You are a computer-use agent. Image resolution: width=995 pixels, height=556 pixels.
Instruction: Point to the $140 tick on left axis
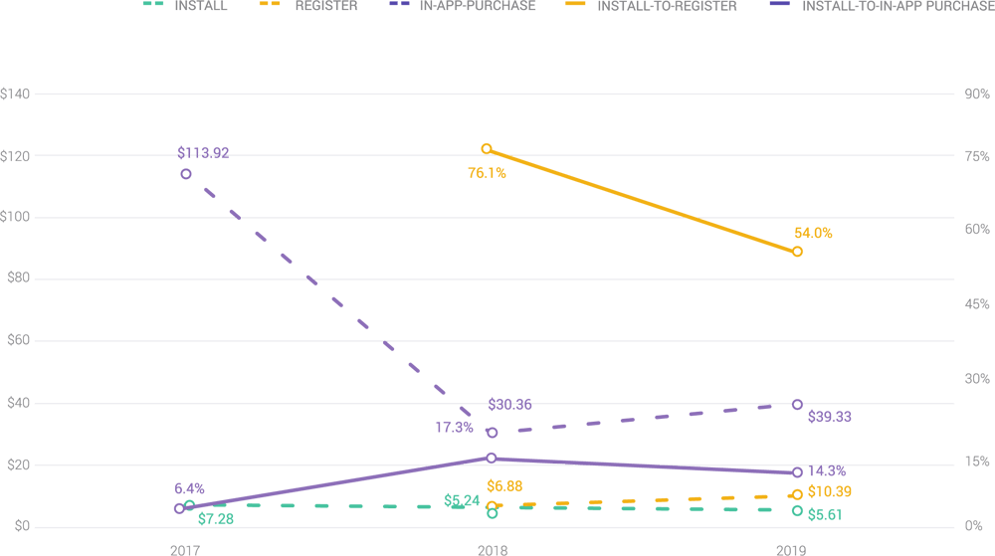point(17,93)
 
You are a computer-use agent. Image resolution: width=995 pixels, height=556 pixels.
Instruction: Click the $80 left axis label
point(17,279)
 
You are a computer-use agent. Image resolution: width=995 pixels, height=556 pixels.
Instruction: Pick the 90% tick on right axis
point(976,93)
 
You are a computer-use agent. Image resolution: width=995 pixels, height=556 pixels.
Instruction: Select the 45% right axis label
point(976,304)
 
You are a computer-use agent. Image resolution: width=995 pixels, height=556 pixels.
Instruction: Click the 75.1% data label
point(488,173)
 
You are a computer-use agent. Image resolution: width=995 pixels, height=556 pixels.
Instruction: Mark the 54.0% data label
point(813,233)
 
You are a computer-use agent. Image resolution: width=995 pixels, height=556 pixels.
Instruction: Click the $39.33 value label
point(829,417)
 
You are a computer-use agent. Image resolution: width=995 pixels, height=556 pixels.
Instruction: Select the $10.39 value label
point(829,492)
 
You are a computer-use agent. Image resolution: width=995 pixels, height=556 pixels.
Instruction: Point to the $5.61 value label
point(827,514)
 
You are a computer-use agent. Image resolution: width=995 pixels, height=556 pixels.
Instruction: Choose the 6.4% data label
point(189,488)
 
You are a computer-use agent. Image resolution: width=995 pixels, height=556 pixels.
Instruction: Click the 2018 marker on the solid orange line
point(487,149)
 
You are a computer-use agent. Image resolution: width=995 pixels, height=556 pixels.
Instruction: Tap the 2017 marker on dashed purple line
point(186,174)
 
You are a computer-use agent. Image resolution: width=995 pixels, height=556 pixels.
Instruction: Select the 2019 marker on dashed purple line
point(797,404)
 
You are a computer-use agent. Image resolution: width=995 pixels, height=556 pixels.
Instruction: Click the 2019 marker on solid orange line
point(797,253)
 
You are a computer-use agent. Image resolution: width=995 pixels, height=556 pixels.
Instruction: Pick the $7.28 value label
point(217,519)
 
